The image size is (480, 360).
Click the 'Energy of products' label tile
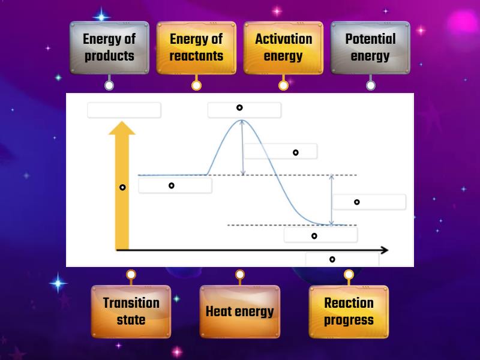tap(109, 48)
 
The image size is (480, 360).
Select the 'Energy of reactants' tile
tap(196, 48)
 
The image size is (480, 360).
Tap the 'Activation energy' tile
tap(283, 48)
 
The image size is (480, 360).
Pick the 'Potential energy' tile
tap(370, 48)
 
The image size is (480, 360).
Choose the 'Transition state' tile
tap(131, 311)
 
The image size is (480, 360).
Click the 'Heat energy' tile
tap(239, 311)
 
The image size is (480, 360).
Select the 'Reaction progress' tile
tap(349, 311)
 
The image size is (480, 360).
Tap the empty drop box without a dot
tap(124, 110)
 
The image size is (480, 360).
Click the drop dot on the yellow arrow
tap(122, 187)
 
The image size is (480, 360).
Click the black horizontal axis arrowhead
tap(384, 250)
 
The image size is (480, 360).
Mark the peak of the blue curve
tap(242, 121)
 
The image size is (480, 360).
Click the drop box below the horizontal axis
tap(342, 259)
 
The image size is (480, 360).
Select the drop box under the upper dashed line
tap(175, 185)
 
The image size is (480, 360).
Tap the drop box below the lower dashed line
tap(320, 235)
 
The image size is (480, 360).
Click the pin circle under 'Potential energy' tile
tap(371, 85)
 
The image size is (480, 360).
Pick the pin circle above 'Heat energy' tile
tap(239, 275)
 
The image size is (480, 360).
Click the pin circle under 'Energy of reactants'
tap(196, 85)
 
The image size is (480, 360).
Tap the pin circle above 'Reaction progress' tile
tap(349, 275)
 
